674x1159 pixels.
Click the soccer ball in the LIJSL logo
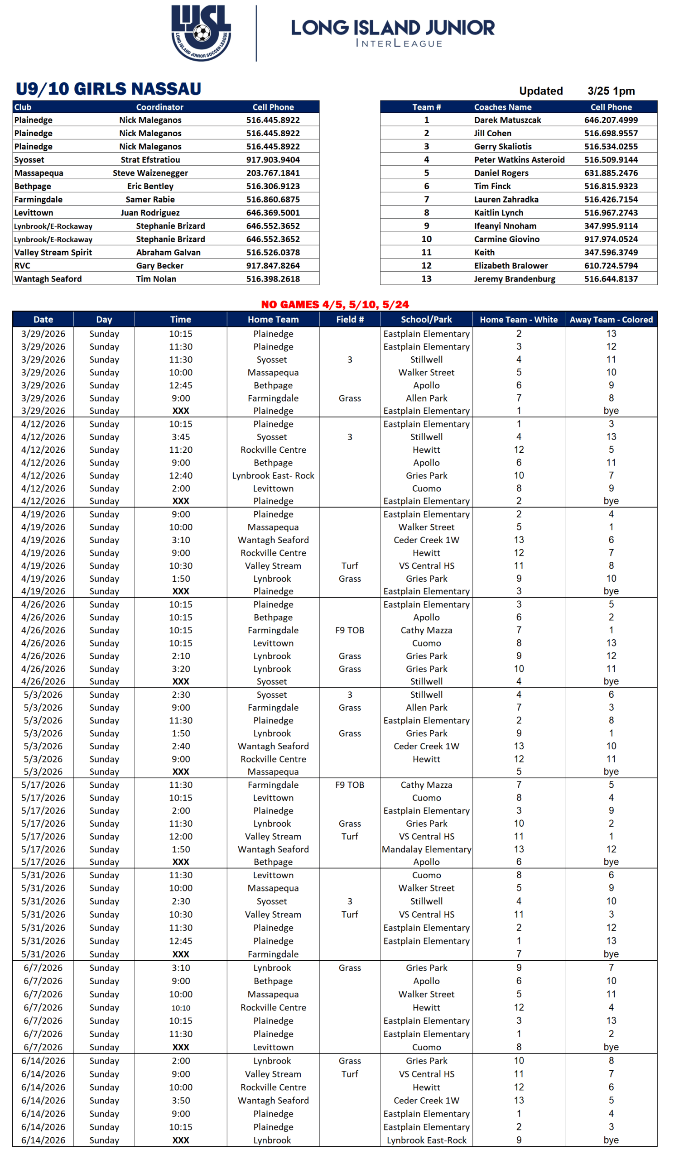pyautogui.click(x=202, y=33)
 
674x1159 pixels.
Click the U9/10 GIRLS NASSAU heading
pyautogui.click(x=109, y=89)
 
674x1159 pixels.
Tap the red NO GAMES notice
pyautogui.click(x=335, y=305)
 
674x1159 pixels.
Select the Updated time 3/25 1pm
pyautogui.click(x=611, y=91)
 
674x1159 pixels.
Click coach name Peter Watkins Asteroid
pyautogui.click(x=519, y=160)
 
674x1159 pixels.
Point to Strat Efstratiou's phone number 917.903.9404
pyautogui.click(x=273, y=160)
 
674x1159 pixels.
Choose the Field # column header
pyautogui.click(x=350, y=319)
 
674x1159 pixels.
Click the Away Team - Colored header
pyautogui.click(x=611, y=319)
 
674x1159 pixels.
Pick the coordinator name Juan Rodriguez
pyautogui.click(x=150, y=212)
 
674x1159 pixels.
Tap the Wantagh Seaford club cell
pyautogui.click(x=48, y=279)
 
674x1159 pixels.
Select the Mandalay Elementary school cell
pyautogui.click(x=427, y=849)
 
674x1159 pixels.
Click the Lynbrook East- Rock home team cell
pyautogui.click(x=273, y=475)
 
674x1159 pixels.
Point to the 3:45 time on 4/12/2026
pyautogui.click(x=181, y=436)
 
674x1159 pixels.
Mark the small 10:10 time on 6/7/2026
pyautogui.click(x=181, y=1008)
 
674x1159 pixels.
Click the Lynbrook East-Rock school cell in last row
pyautogui.click(x=427, y=1140)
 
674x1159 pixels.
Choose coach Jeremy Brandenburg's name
pyautogui.click(x=515, y=279)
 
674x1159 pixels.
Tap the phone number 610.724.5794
pyautogui.click(x=611, y=265)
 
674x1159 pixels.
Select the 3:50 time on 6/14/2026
pyautogui.click(x=181, y=1100)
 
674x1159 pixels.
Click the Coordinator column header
pyautogui.click(x=159, y=107)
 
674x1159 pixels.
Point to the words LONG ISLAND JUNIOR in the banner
pyautogui.click(x=392, y=28)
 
